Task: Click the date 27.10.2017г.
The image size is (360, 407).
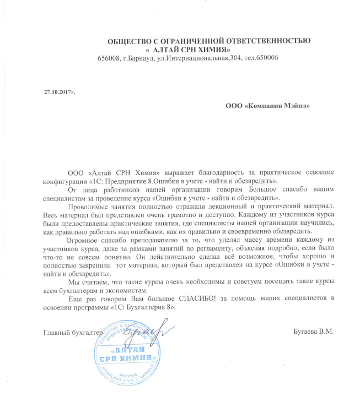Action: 59,90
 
